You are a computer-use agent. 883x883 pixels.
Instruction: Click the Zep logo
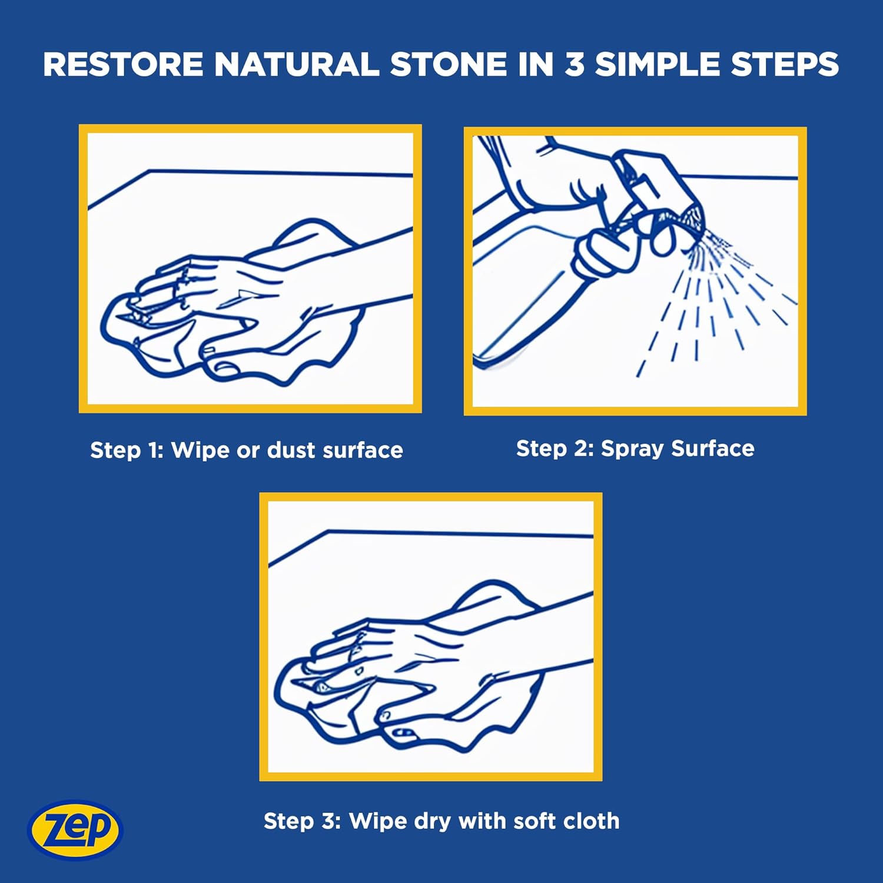75,829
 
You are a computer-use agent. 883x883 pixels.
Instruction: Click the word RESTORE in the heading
123,64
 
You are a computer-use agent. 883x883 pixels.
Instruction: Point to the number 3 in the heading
574,64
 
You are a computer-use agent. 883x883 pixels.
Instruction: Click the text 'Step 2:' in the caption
555,449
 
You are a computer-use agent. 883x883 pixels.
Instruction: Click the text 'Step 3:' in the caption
302,821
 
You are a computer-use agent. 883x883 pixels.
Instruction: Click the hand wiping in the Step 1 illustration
224,294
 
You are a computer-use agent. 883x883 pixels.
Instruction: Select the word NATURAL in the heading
297,64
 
